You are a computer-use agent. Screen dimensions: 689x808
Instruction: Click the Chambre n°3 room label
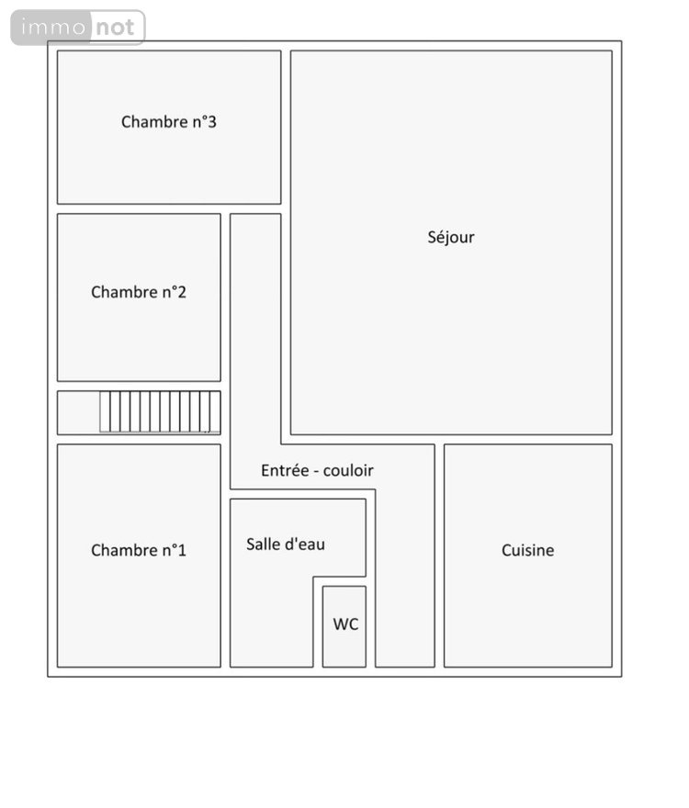point(169,122)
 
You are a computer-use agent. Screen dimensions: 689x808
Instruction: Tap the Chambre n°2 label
point(138,292)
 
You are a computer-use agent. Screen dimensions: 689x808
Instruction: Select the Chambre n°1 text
point(138,550)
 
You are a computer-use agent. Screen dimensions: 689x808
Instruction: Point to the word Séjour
point(451,238)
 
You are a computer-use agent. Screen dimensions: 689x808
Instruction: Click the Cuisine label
point(527,550)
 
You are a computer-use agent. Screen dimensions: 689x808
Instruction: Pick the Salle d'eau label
point(286,544)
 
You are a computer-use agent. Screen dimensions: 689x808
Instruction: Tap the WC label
point(345,624)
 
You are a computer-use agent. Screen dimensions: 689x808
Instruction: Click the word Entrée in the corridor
point(285,470)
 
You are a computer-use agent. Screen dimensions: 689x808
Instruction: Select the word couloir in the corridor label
point(348,470)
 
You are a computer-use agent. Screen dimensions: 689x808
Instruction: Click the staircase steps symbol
point(160,411)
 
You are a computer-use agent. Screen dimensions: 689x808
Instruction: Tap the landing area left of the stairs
point(78,413)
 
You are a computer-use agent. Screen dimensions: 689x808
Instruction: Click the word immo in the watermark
point(53,27)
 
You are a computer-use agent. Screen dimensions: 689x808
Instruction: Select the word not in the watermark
point(115,28)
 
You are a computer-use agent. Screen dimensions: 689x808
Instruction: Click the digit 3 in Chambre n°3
point(212,122)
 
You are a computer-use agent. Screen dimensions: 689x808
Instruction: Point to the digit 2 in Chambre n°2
point(182,292)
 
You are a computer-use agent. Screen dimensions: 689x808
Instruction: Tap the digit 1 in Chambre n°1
point(182,550)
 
